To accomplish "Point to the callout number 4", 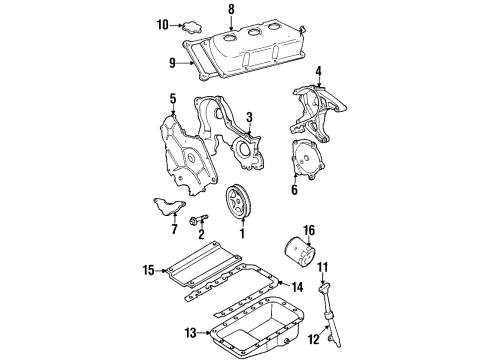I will click(x=318, y=71).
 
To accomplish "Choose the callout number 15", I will click(x=148, y=270).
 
